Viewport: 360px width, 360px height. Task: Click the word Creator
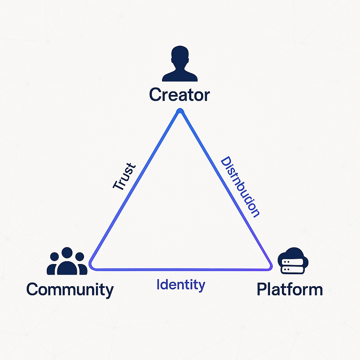179,95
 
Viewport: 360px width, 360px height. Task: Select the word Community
70,290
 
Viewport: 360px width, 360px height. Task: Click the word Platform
290,289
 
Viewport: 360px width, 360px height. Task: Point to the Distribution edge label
240,187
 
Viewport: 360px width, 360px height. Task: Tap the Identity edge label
181,284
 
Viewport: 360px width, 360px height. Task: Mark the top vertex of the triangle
180,111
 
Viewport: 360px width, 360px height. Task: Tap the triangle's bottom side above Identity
180,270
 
